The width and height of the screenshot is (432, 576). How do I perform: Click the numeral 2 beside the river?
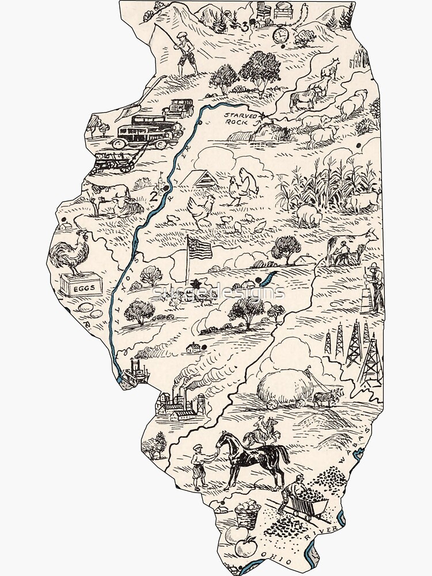tap(153, 196)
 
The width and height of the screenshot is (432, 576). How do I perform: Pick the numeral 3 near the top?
tap(244, 26)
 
